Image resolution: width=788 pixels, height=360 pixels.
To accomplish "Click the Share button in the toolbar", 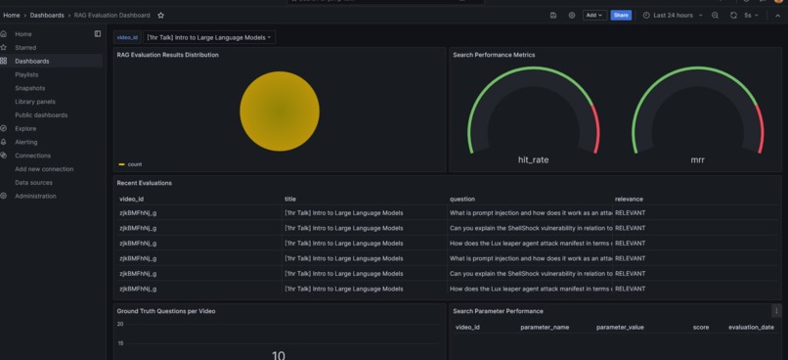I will (x=621, y=16).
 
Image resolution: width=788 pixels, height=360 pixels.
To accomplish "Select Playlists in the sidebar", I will (x=27, y=74).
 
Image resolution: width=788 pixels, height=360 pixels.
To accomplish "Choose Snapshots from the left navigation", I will (x=29, y=88).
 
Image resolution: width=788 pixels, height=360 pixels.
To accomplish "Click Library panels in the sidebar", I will (x=35, y=102).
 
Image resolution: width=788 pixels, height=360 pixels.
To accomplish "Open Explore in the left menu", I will (x=25, y=128).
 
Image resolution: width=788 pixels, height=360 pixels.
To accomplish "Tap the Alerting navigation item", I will (x=26, y=142).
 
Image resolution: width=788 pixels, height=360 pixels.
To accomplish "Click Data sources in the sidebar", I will (x=33, y=183).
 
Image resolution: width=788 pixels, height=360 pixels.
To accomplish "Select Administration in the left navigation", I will (x=35, y=196).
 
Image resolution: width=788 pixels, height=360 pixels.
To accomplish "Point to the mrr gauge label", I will (x=697, y=159).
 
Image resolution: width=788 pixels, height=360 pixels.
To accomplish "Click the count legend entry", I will (x=134, y=164).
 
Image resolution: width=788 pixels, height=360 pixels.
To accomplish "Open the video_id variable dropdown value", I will (x=209, y=37).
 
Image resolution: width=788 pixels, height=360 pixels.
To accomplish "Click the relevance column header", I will (x=629, y=199).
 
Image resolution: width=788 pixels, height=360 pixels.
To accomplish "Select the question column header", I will (x=462, y=199).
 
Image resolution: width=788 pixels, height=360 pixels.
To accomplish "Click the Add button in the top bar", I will (x=594, y=16).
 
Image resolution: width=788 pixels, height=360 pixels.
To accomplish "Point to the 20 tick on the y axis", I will (x=120, y=324).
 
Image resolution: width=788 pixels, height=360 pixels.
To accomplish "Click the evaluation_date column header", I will (x=750, y=327).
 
